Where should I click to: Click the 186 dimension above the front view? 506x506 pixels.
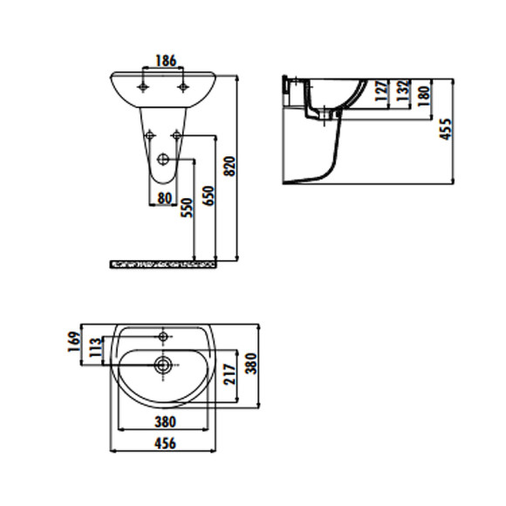coord(165,60)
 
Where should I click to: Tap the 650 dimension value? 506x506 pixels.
coord(208,195)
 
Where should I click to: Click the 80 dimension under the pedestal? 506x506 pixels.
coord(164,197)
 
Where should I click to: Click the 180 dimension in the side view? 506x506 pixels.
coord(425,92)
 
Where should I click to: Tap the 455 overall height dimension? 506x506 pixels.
coord(447,130)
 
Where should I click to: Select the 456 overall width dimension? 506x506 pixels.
coord(164,443)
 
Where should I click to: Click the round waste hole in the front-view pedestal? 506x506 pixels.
coord(164,160)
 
